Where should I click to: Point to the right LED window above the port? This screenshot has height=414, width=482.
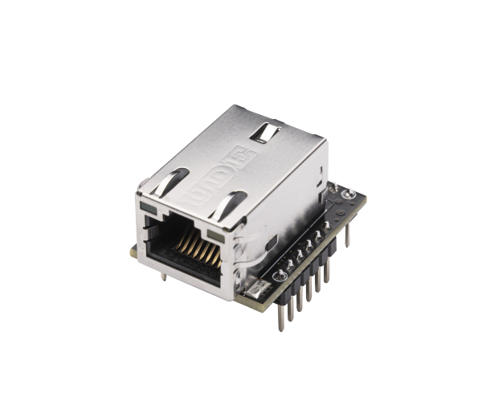[x=213, y=234]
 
